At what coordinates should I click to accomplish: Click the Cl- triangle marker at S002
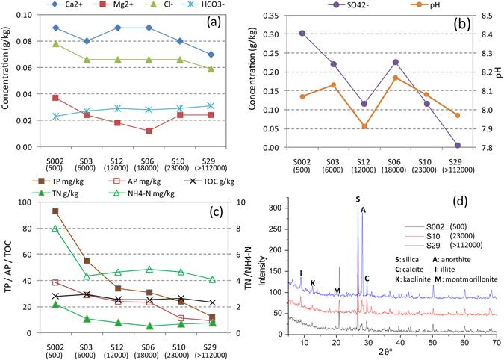[x=55, y=43]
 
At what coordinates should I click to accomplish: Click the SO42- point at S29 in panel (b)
[x=457, y=145]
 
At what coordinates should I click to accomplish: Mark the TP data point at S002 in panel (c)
[x=55, y=211]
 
